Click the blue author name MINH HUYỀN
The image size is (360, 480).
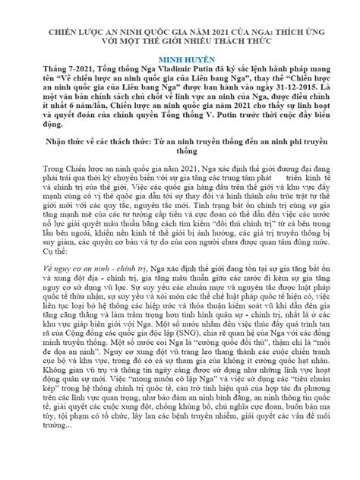pyautogui.click(x=180, y=58)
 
